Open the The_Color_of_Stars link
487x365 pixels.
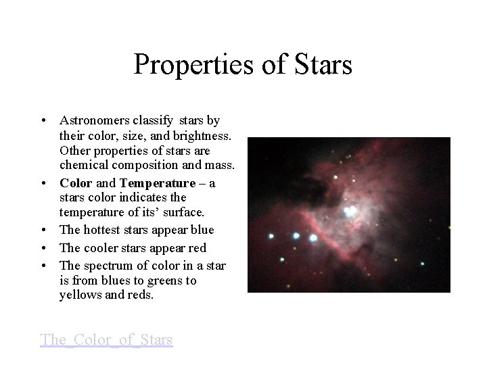pyautogui.click(x=107, y=339)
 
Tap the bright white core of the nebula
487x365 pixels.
pyautogui.click(x=350, y=212)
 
